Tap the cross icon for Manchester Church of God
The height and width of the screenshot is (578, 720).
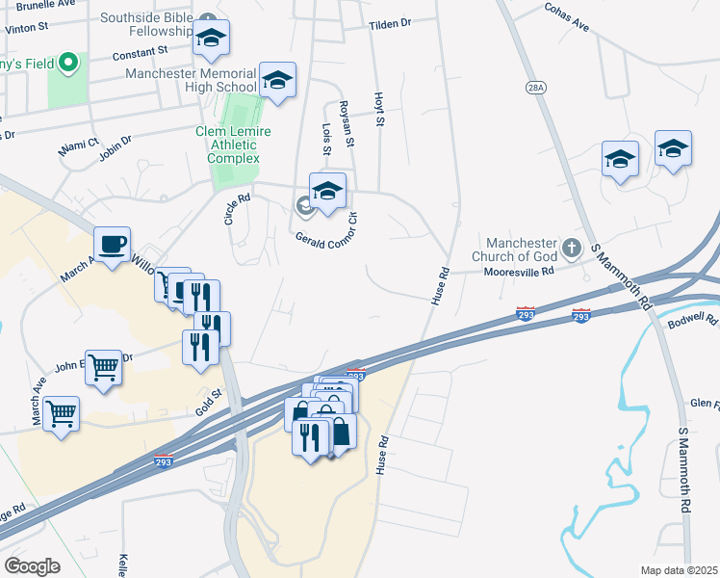[571, 248]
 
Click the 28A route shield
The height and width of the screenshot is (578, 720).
[536, 87]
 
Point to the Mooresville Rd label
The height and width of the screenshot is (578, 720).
[520, 272]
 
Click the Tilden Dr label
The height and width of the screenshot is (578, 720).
[390, 23]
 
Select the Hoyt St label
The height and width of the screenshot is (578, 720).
[379, 110]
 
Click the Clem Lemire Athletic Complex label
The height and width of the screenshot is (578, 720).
[233, 144]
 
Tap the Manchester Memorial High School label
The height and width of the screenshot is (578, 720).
[189, 80]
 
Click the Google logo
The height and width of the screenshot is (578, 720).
[32, 565]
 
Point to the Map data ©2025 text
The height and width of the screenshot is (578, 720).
[679, 570]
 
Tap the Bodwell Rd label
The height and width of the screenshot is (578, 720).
[697, 318]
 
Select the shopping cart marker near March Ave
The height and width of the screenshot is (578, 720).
[62, 413]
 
